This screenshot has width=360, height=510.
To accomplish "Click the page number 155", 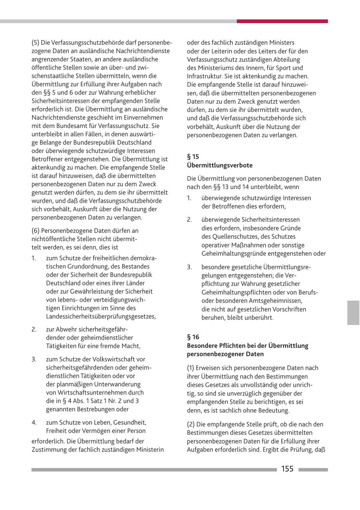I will pos(287,469).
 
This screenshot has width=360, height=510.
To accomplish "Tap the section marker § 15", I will pos(193,157).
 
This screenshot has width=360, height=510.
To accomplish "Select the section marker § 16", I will pos(193,337).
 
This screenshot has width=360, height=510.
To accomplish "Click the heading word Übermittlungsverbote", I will pos(220,165).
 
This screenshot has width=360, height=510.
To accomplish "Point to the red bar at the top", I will pos(282,21).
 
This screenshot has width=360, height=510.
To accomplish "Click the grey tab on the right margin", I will pos(353,313).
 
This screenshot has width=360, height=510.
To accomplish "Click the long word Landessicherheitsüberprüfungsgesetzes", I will pos(101,317).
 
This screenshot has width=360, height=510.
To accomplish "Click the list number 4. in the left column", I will pos(34,422).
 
